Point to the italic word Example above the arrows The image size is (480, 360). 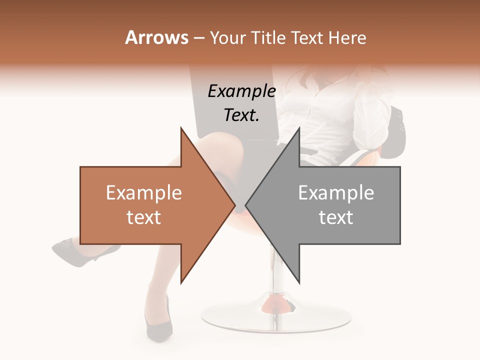[241, 91]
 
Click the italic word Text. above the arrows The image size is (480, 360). [241, 115]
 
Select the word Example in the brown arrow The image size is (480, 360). [144, 193]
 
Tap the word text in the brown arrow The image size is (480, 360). [144, 217]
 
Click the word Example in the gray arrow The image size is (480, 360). [336, 193]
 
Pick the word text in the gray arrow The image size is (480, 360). [336, 217]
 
